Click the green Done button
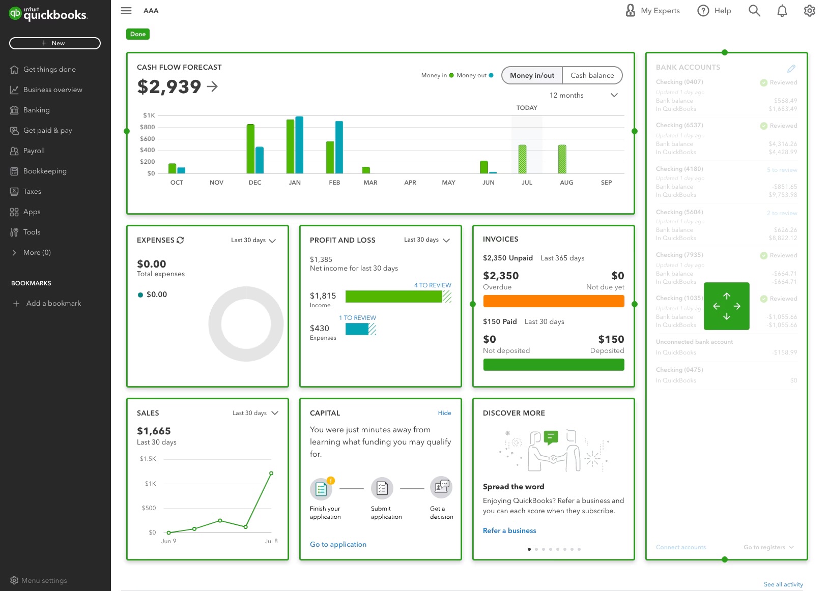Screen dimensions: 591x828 click(x=137, y=34)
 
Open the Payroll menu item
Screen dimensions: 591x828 click(x=34, y=151)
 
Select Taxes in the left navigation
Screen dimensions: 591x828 click(x=32, y=191)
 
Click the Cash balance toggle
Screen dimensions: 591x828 click(x=592, y=75)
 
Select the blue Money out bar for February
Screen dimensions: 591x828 click(x=339, y=147)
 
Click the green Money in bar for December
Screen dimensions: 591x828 click(x=250, y=149)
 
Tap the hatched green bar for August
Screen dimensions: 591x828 click(x=562, y=159)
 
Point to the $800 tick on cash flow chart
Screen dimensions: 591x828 click(x=148, y=127)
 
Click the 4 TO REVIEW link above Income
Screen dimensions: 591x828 click(x=432, y=285)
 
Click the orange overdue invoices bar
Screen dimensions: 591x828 click(x=553, y=301)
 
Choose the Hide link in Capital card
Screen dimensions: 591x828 click(x=444, y=413)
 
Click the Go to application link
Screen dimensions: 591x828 click(x=338, y=544)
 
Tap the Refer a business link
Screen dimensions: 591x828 click(x=509, y=530)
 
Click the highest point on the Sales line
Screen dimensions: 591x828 click(x=271, y=474)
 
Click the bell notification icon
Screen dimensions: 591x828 click(x=782, y=11)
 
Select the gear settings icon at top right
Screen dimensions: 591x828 click(x=809, y=11)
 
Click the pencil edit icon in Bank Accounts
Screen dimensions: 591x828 click(x=791, y=68)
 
